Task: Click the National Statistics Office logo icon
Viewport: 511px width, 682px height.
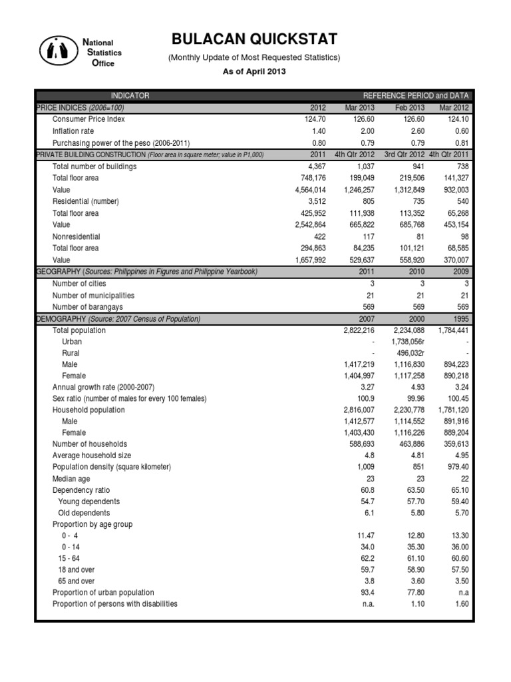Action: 59,51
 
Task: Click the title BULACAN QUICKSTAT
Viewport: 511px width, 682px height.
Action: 255,39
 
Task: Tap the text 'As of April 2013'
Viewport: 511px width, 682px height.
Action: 255,71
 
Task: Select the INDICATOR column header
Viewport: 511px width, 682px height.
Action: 130,96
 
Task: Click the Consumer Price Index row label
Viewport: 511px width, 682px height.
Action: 88,119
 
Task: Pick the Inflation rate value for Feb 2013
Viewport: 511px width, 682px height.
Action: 412,131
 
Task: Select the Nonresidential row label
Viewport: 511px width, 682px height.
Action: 77,236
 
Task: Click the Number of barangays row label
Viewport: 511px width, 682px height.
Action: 88,306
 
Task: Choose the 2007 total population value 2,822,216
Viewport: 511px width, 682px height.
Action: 356,330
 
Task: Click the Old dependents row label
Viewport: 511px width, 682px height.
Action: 84,513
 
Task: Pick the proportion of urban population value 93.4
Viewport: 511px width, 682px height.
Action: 367,592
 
